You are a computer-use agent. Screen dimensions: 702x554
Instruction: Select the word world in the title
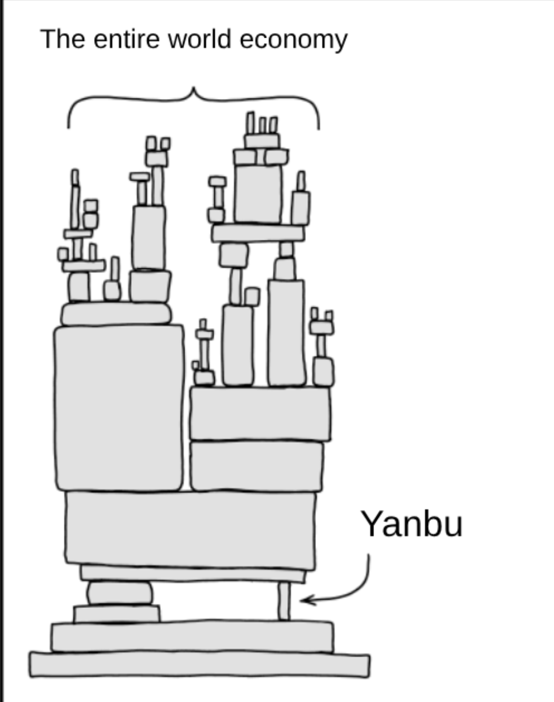pos(201,39)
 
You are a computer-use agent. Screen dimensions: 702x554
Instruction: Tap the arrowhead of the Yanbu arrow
pos(307,600)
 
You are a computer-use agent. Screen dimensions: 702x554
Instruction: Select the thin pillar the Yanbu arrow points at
pos(284,601)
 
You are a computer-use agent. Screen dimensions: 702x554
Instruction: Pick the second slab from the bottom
pos(192,636)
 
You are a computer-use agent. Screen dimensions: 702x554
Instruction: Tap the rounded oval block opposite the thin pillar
pos(120,593)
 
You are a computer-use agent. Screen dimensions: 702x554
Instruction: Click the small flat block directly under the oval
pos(116,614)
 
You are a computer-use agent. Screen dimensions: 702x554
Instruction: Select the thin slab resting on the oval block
pos(193,573)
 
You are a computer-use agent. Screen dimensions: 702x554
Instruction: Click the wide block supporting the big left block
pos(190,530)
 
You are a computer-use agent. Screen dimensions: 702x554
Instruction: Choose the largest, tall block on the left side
pos(119,408)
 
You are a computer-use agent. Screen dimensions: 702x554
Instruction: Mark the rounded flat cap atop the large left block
pos(116,314)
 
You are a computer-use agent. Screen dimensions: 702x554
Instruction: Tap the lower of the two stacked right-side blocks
pos(256,466)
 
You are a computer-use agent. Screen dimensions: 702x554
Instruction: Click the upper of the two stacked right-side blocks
pos(260,414)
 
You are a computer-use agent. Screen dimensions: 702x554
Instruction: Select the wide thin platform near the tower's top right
pos(258,233)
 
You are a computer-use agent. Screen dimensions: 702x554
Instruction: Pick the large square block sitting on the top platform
pos(257,194)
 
